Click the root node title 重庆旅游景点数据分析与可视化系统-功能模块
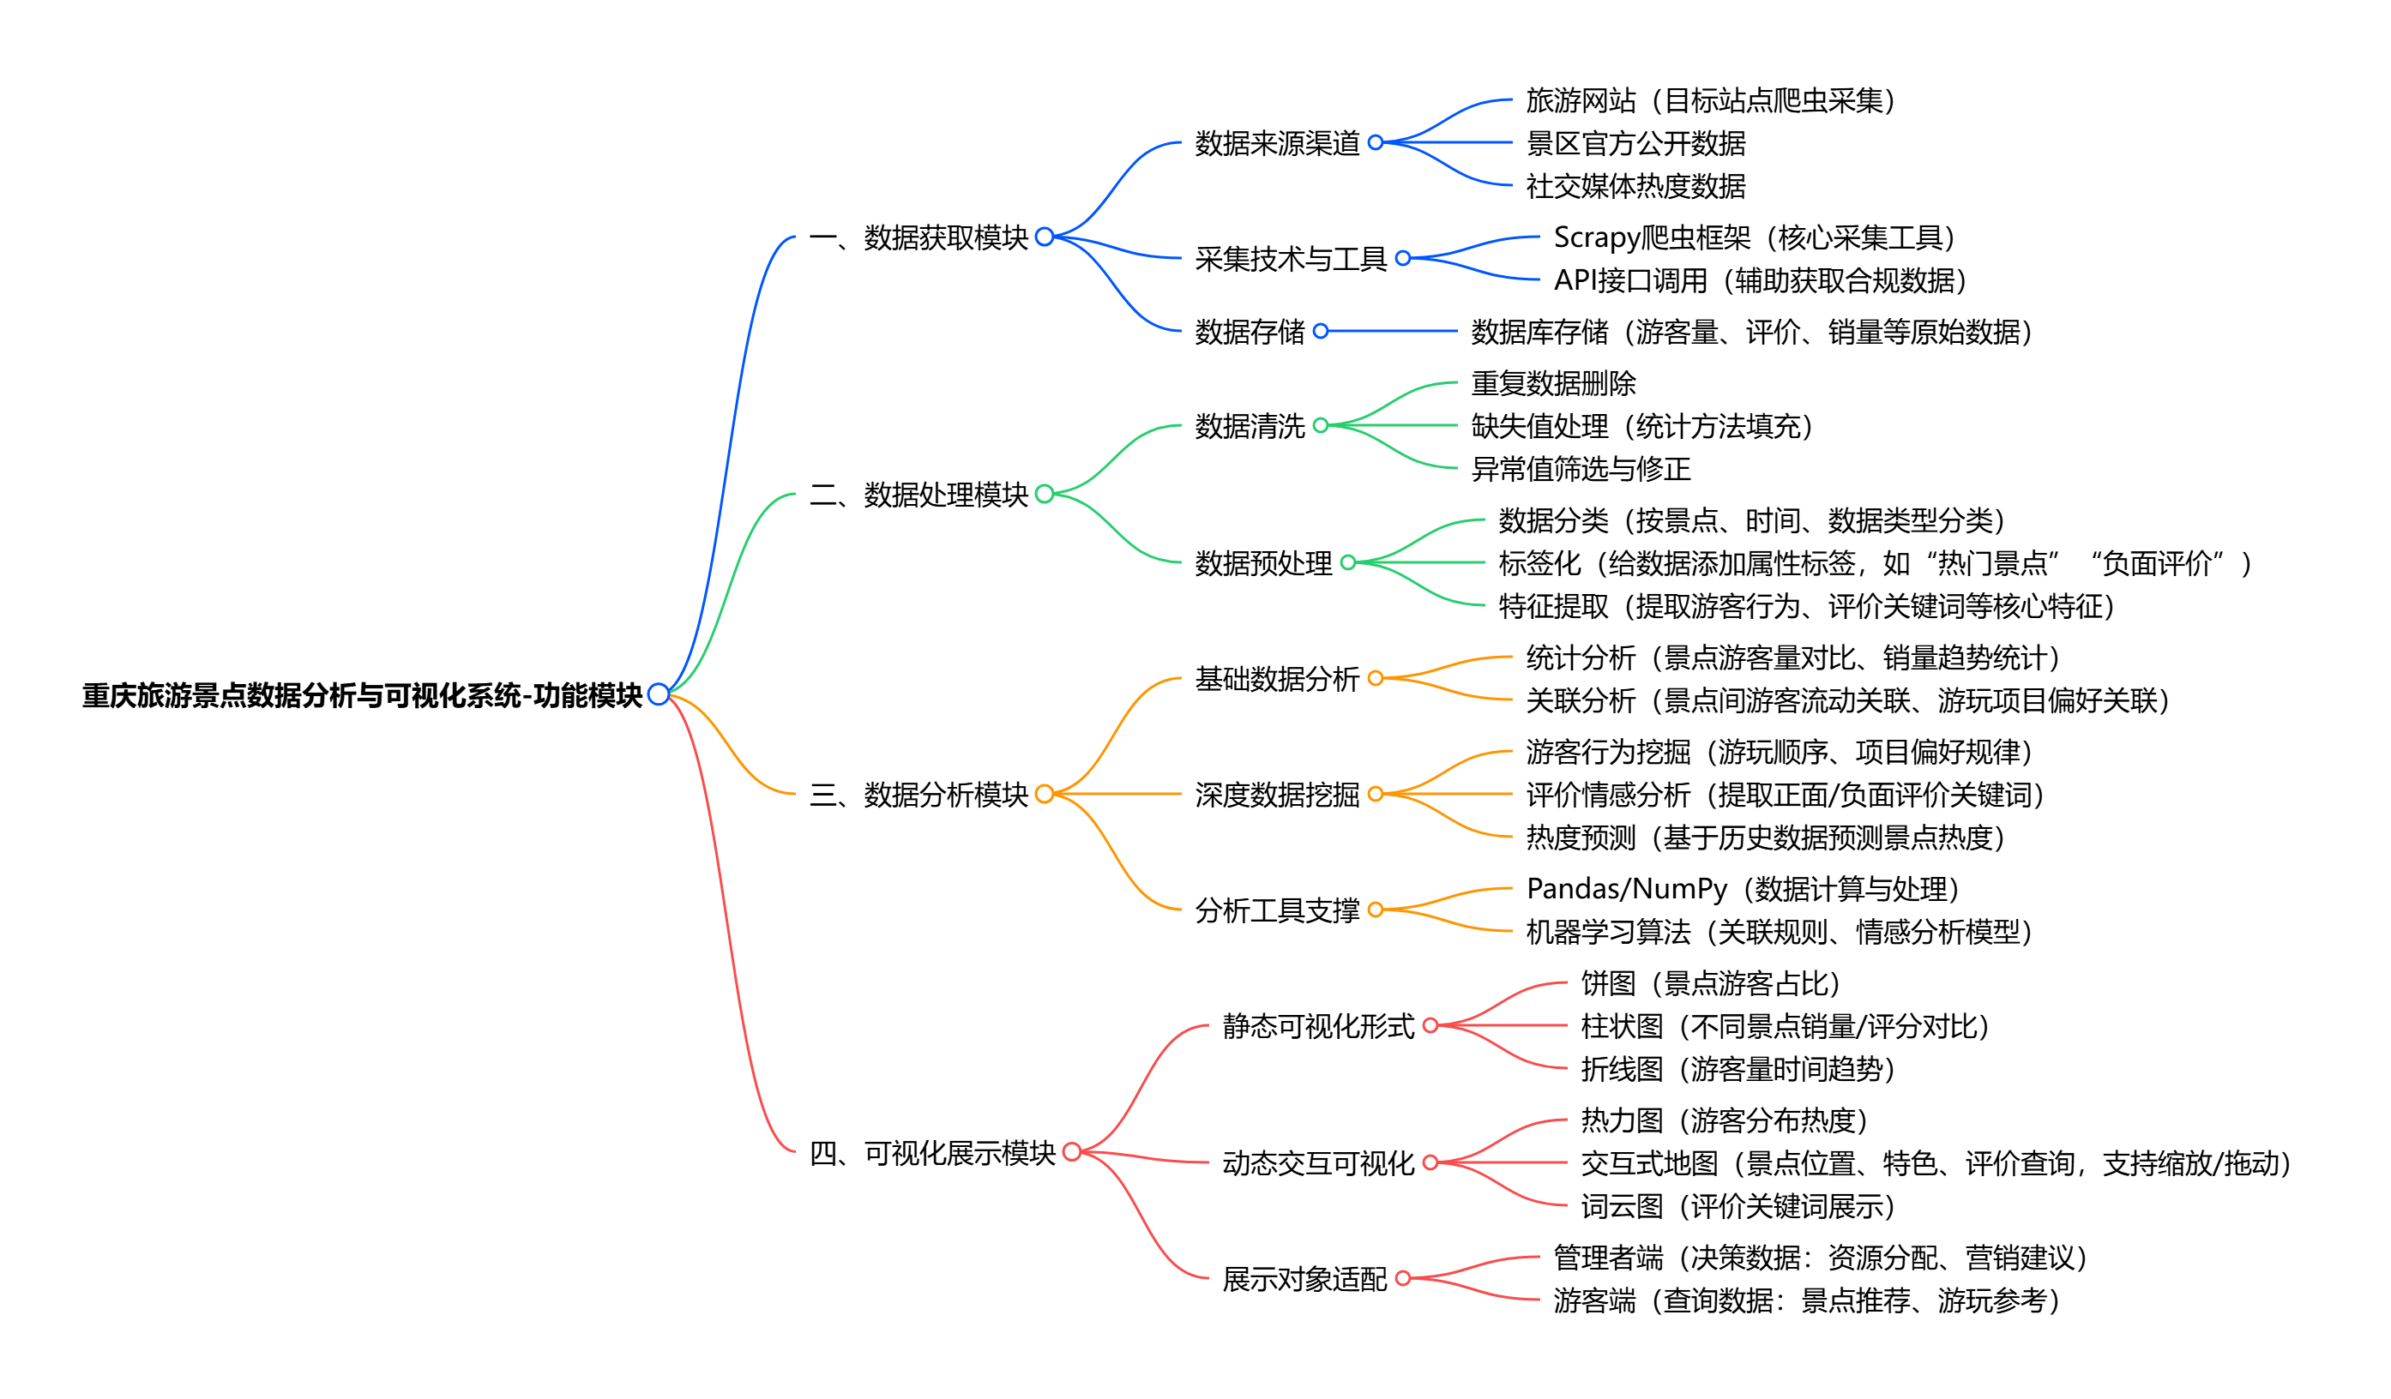point(362,695)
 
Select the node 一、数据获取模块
point(918,237)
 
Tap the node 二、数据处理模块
point(918,494)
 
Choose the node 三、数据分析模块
point(918,794)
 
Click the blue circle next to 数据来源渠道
point(1375,142)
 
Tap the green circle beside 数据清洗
point(1320,426)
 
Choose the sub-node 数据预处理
point(1263,563)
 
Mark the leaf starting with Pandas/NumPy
point(1742,889)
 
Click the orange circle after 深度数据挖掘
point(1375,794)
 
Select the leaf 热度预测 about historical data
point(1765,838)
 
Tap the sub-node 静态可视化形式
point(1318,1025)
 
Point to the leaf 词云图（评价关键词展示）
point(1738,1206)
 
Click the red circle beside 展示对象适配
point(1402,1278)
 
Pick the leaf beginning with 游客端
point(1805,1300)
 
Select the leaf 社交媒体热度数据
point(1635,186)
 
